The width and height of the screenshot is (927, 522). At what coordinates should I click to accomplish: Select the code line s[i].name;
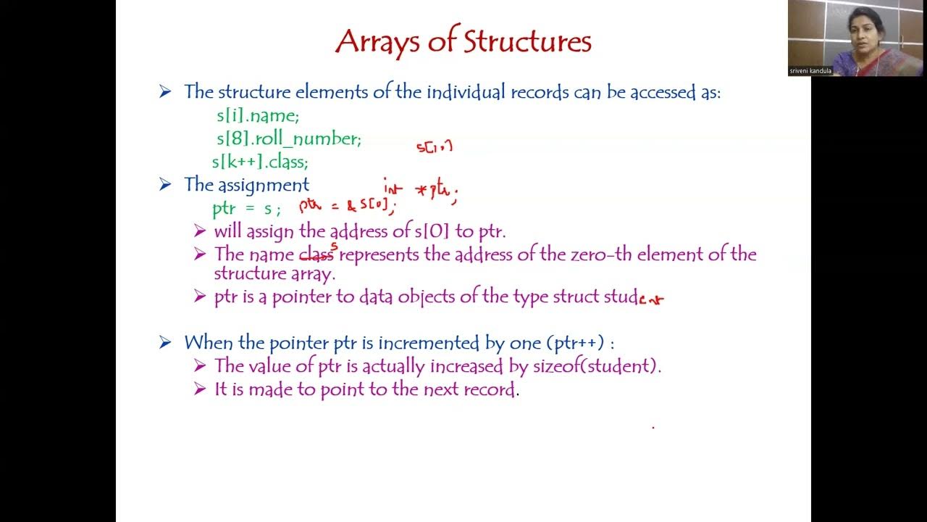257,116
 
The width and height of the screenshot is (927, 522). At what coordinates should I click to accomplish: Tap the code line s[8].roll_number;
288,138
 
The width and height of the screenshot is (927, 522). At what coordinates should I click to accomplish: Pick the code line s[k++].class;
260,162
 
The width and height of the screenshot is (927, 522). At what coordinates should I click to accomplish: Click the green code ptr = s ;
246,209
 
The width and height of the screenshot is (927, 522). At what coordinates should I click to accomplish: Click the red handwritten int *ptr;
421,190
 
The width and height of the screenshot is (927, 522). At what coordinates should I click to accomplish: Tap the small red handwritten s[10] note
435,146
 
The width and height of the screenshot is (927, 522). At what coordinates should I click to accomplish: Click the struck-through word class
316,254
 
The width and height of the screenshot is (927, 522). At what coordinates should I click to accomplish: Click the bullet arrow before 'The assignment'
166,185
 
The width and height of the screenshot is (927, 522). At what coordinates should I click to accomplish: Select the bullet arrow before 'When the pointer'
166,343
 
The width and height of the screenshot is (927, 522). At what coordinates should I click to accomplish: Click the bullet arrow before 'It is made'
200,389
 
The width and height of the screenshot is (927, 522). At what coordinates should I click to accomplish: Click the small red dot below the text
653,428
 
